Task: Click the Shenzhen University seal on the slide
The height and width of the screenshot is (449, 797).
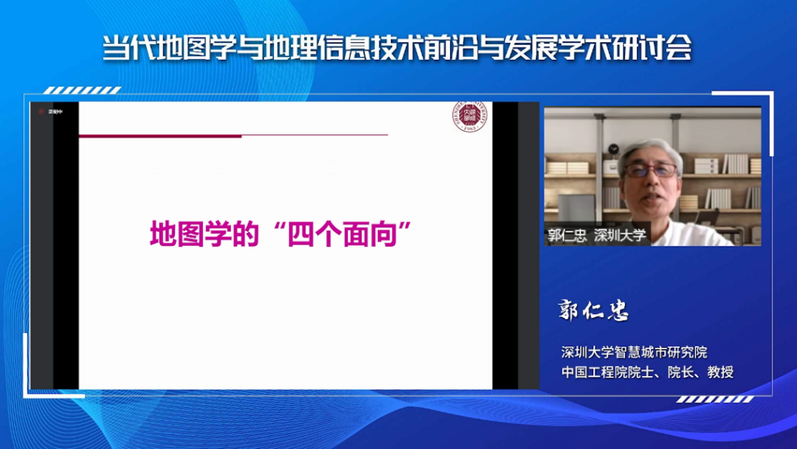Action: point(466,117)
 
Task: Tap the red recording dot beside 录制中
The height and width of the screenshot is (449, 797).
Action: point(41,112)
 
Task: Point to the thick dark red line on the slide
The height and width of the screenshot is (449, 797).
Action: point(160,136)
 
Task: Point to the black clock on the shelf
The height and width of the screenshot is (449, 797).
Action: point(612,148)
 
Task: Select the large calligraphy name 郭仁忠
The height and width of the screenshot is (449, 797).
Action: point(594,311)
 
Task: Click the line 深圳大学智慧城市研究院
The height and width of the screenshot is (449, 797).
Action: point(634,352)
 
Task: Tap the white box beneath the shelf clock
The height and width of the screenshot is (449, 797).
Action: point(611,167)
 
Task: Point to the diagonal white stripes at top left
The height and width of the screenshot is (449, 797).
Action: point(81,91)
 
